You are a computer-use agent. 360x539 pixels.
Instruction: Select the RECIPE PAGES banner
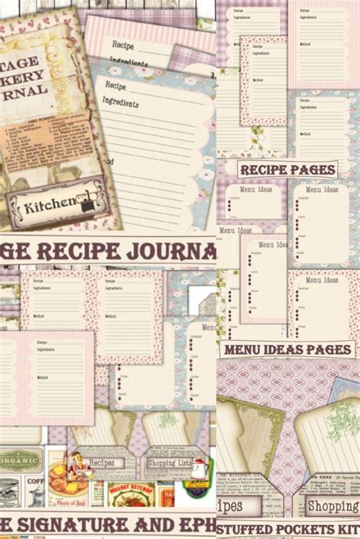pos(287,169)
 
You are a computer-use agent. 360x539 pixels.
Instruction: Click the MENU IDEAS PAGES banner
pos(288,349)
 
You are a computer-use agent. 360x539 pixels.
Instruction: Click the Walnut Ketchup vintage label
pos(130,494)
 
